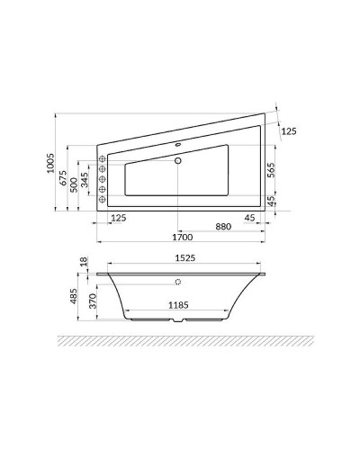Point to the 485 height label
(74, 297)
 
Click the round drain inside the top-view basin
(179, 162)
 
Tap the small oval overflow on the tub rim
(178, 143)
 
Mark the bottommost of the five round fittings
(103, 199)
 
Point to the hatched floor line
(180, 341)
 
